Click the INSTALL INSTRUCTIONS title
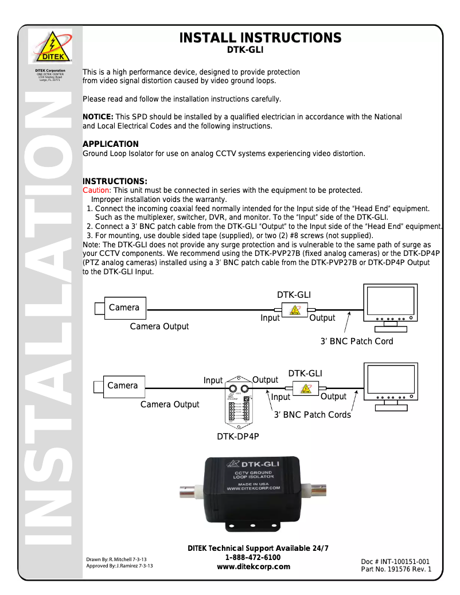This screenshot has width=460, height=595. [x=260, y=38]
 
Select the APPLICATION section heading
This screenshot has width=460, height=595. [x=111, y=144]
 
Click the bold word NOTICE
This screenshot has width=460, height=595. [x=98, y=117]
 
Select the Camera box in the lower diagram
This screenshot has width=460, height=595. [x=122, y=386]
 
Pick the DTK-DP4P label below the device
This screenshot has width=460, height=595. [x=237, y=437]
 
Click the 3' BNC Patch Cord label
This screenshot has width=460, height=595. [x=357, y=341]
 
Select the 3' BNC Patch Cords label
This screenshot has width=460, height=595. [x=312, y=415]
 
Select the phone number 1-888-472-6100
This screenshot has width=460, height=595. [x=253, y=557]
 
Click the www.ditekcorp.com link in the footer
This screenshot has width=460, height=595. [x=253, y=566]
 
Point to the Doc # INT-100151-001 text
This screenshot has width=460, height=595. [x=395, y=562]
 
